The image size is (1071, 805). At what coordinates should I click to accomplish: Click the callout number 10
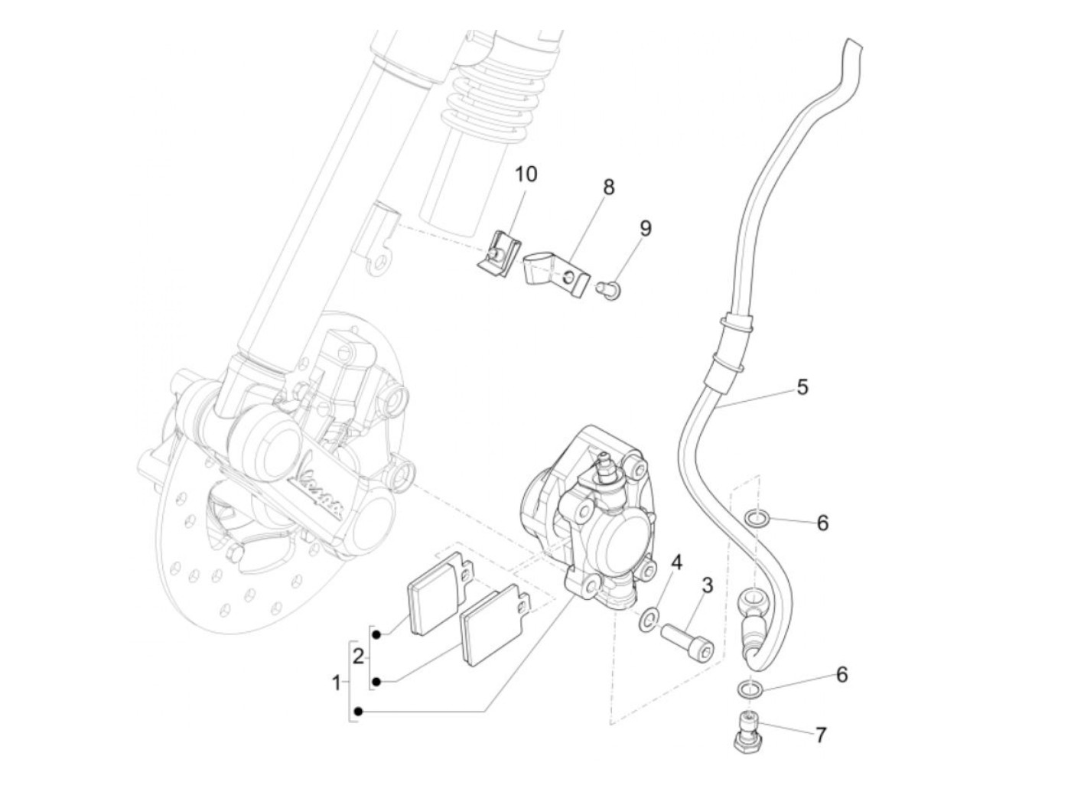click(526, 174)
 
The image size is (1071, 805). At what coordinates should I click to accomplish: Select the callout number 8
click(609, 187)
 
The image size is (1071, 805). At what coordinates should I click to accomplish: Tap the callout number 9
click(646, 228)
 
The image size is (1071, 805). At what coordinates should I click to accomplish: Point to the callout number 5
click(802, 386)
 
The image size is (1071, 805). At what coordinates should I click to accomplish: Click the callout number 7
click(821, 735)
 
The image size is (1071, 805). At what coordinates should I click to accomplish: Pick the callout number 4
click(675, 564)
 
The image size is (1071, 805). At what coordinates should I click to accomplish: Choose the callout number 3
click(707, 586)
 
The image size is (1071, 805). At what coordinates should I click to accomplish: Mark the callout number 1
click(336, 682)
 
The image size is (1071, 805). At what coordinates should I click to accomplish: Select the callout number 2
click(358, 657)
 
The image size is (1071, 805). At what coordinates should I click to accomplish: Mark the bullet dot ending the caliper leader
click(360, 712)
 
